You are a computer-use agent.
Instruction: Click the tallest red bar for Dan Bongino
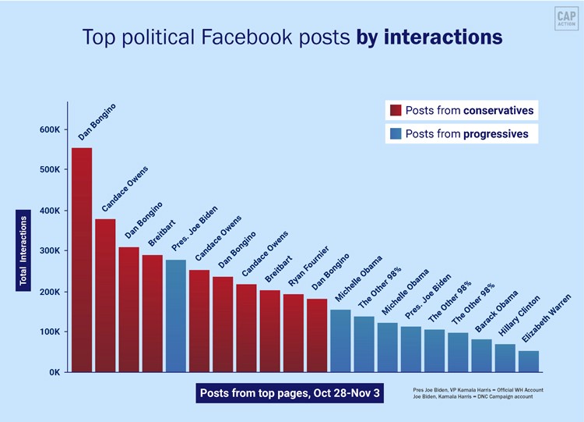[x=82, y=260]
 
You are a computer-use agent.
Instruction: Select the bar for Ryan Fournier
[x=294, y=333]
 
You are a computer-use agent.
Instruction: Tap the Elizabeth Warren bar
[x=529, y=361]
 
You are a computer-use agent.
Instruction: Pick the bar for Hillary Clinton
[x=505, y=358]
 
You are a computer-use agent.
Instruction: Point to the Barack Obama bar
[x=481, y=356]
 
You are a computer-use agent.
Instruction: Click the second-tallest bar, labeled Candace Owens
[x=105, y=296]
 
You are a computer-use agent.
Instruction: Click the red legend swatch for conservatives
[x=395, y=111]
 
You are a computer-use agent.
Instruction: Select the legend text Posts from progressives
[x=466, y=134]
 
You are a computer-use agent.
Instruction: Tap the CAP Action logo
[x=565, y=20]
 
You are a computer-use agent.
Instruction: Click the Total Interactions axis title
[x=23, y=250]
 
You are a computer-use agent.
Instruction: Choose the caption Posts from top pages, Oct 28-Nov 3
[x=290, y=392]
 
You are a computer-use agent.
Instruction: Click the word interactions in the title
[x=443, y=37]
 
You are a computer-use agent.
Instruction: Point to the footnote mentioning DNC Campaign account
[x=477, y=397]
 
